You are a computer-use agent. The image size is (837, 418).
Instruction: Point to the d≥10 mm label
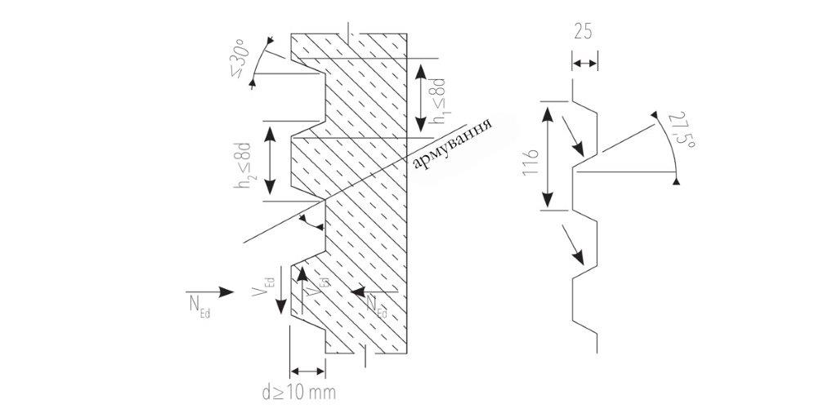coord(299,392)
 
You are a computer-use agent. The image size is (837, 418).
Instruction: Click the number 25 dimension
coord(584,33)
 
